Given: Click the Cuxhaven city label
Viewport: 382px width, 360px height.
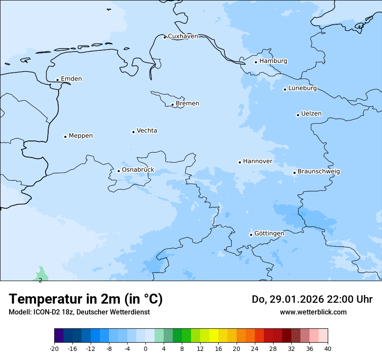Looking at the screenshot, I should [183, 36].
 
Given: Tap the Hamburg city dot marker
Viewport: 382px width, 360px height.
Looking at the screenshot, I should [256, 62].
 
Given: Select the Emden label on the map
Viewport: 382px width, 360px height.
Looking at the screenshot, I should [71, 79].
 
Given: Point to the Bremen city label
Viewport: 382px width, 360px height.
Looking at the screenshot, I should [188, 104].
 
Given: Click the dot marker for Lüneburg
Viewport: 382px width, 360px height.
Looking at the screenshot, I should [285, 89].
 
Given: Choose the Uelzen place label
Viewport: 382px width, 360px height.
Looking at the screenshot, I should [311, 114].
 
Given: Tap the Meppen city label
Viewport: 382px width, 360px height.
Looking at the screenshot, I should [81, 136].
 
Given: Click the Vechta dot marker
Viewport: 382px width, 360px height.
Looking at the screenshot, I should [133, 132].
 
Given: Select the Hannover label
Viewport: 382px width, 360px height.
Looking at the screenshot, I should [257, 161].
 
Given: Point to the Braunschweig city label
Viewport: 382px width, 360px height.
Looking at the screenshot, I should [319, 172].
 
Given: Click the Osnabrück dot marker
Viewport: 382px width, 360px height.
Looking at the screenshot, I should [119, 171].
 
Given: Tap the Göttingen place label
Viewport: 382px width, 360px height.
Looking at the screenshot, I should [269, 233].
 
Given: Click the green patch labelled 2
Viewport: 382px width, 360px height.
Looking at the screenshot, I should [41, 275].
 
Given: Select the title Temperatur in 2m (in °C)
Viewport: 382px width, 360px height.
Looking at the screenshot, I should [86, 299].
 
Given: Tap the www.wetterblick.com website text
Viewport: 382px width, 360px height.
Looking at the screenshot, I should [313, 312].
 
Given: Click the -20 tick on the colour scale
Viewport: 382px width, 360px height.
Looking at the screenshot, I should [54, 348].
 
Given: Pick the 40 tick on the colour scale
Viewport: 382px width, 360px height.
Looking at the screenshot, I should [328, 348].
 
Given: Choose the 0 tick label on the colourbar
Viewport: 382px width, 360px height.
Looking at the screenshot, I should [145, 348].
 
